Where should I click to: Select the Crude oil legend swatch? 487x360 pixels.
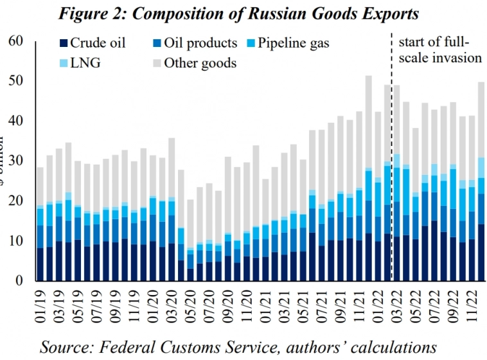(x=62, y=44)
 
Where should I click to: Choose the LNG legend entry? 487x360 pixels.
(x=77, y=62)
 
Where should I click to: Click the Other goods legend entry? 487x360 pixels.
(x=192, y=62)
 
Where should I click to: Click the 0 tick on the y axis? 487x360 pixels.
(x=20, y=280)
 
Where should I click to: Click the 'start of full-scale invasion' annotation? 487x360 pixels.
(x=440, y=50)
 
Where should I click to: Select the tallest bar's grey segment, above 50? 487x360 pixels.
(x=368, y=122)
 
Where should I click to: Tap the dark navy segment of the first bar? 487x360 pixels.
(x=40, y=264)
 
